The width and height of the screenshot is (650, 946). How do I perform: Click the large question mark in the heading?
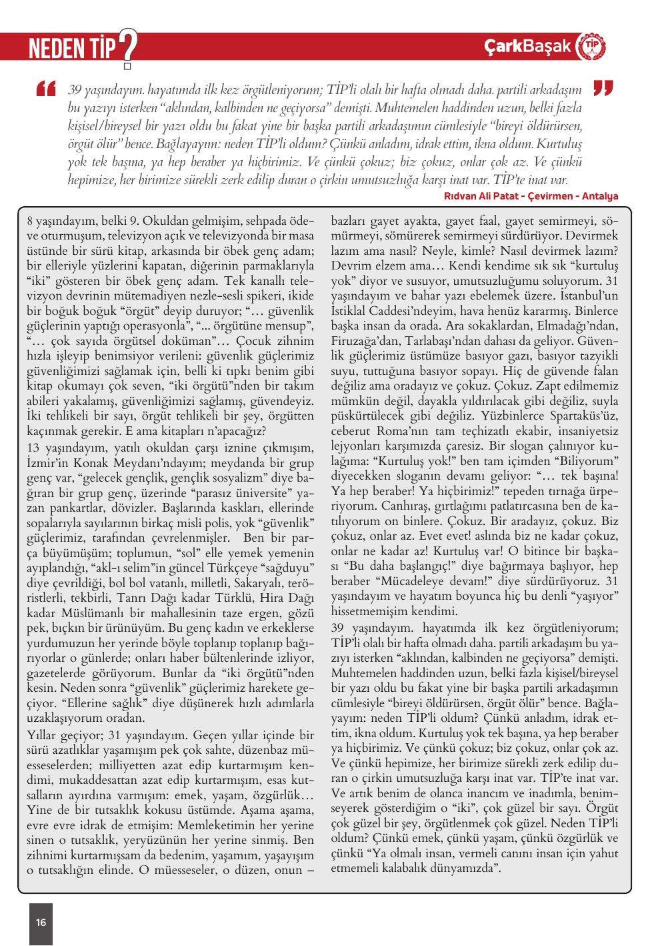(x=127, y=47)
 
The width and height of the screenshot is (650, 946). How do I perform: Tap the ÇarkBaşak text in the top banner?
(x=528, y=46)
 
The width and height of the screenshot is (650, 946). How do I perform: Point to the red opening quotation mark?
(x=47, y=89)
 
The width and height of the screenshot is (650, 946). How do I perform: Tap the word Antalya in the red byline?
(x=600, y=196)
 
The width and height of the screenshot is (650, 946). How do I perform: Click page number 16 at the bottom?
(x=41, y=922)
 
